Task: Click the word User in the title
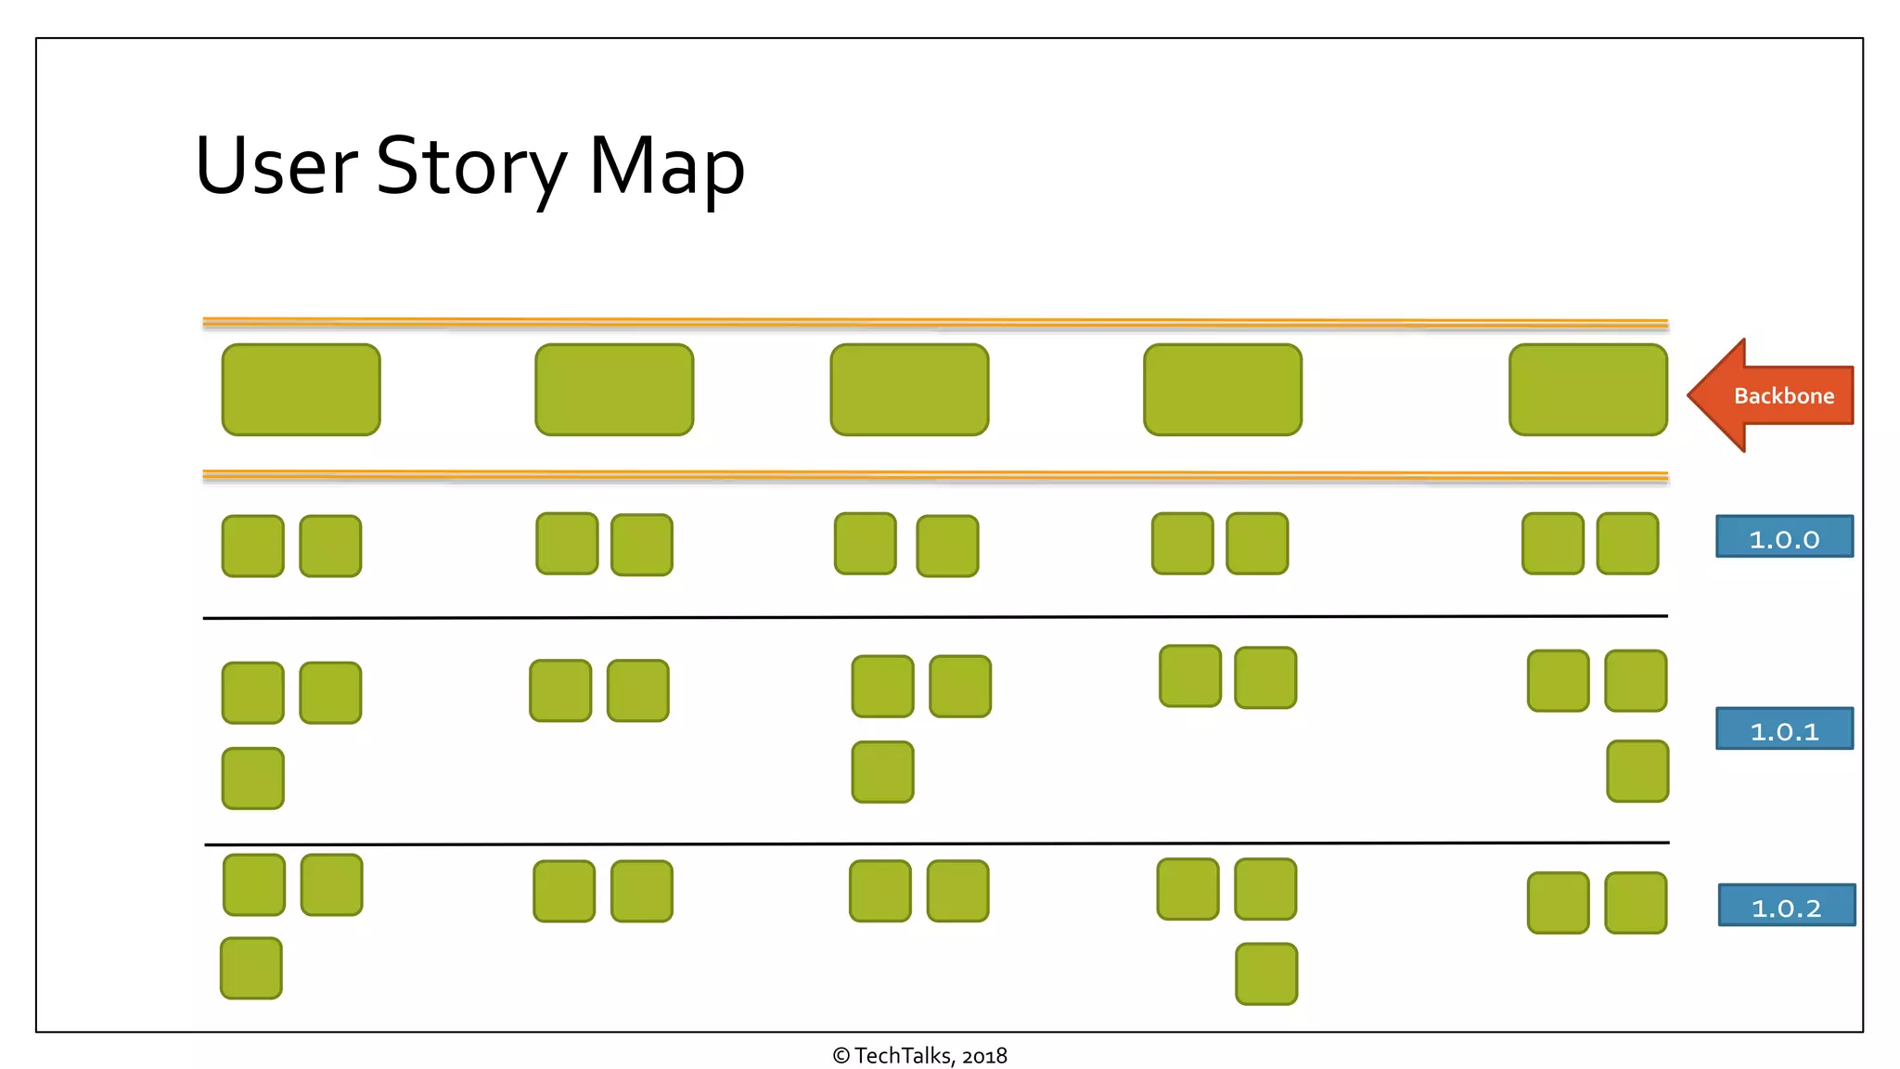point(276,167)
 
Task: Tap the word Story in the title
point(470,167)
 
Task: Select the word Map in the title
point(666,167)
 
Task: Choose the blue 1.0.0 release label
point(1784,537)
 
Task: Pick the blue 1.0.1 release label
point(1784,729)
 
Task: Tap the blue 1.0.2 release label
point(1786,906)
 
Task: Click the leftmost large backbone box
point(301,390)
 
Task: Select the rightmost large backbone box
point(1587,390)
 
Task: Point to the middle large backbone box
point(909,390)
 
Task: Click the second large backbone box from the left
point(614,390)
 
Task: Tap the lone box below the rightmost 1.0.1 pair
point(1637,771)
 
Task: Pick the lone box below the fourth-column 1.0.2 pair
point(1266,974)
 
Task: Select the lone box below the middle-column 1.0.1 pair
point(882,772)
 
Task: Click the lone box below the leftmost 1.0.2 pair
point(251,969)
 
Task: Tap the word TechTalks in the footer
point(903,1056)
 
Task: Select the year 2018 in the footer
point(984,1056)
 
